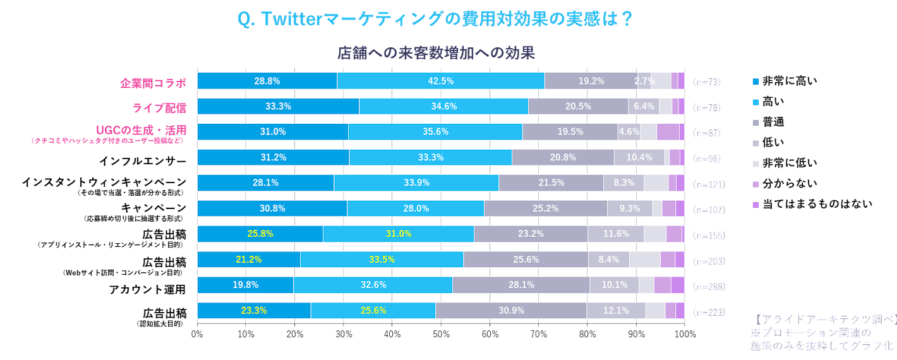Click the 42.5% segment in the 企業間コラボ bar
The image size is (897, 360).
(440, 81)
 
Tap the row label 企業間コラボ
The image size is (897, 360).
(154, 83)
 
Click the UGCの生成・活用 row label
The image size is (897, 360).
(141, 130)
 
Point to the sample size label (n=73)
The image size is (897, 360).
(706, 81)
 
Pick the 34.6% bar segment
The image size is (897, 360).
(443, 107)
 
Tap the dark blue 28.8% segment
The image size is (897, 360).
(267, 81)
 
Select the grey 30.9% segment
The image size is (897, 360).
(510, 310)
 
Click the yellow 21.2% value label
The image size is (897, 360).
(249, 259)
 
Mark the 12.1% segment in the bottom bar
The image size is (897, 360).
(615, 310)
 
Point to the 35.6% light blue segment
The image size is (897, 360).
(435, 132)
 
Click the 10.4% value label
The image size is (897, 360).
(639, 157)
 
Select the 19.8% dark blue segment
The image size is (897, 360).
(245, 285)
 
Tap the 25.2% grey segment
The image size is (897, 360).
(545, 208)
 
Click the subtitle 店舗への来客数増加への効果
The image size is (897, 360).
(436, 53)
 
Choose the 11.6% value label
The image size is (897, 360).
(615, 234)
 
